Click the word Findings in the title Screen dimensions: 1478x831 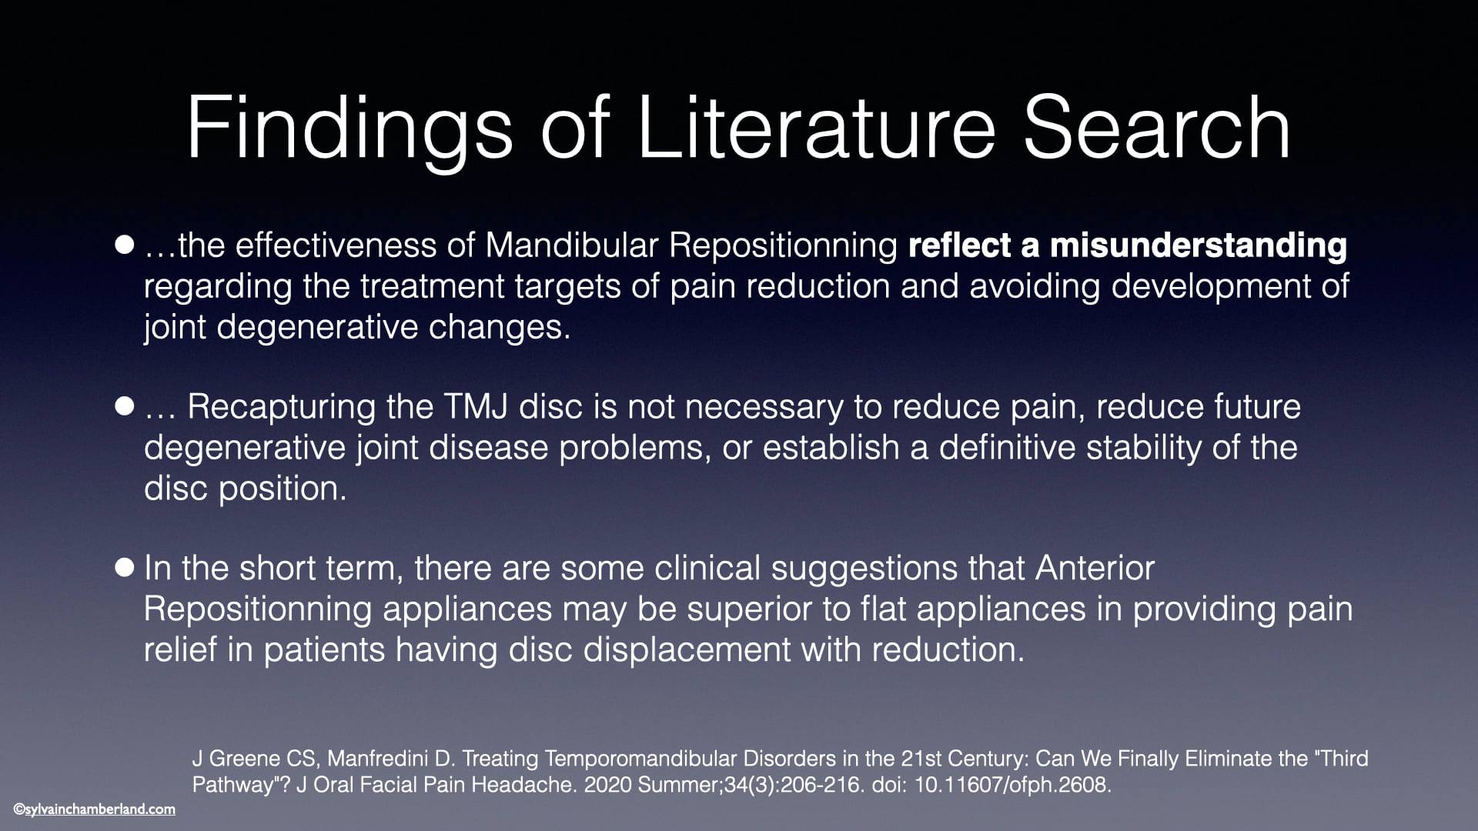click(349, 128)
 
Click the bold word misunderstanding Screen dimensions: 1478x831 click(1199, 245)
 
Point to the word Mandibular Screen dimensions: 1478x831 click(572, 245)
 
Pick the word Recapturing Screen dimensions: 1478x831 click(282, 407)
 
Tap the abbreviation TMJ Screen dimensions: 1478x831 click(476, 406)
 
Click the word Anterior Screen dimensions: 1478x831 click(1095, 568)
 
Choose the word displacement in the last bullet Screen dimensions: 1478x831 click(687, 650)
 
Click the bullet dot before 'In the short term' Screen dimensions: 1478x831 click(125, 568)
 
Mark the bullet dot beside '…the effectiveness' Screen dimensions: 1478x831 click(125, 245)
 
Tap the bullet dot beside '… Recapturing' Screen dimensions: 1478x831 click(125, 406)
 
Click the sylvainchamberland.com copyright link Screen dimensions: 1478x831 click(94, 809)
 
